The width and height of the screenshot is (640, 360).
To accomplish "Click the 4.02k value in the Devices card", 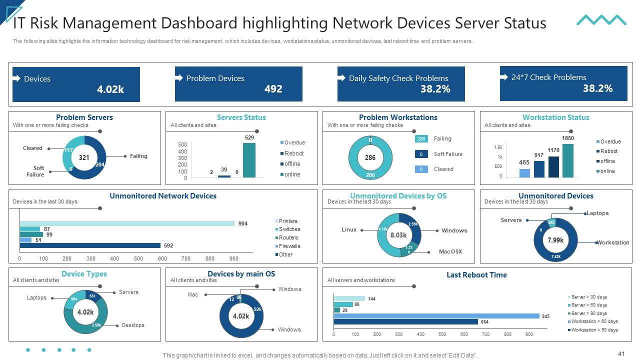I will (x=110, y=89).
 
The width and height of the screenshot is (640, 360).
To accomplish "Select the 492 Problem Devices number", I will (x=273, y=89).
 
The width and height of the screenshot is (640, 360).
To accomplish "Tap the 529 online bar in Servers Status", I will (x=249, y=160).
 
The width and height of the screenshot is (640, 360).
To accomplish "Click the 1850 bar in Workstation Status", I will (x=567, y=160).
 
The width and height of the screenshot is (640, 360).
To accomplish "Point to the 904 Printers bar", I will (x=127, y=223).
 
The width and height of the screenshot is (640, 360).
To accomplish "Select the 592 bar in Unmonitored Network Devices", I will (x=90, y=245).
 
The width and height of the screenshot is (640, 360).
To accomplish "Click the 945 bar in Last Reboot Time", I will (x=436, y=316).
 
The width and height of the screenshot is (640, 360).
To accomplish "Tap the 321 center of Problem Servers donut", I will (x=84, y=157).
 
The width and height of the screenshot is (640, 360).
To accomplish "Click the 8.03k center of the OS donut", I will (x=398, y=235).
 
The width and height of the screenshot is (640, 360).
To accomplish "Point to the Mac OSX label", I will (x=450, y=251).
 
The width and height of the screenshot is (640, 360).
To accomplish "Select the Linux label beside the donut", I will (x=349, y=229).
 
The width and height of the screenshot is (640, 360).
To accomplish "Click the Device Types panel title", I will (x=84, y=274).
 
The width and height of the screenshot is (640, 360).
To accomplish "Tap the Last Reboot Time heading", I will (x=476, y=275).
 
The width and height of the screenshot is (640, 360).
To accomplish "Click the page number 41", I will (x=621, y=354).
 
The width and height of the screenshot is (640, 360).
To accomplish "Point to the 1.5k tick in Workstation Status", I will (x=498, y=147).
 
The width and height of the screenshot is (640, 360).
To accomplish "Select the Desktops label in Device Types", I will (x=133, y=325).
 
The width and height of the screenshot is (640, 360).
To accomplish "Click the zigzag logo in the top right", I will (x=601, y=20).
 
